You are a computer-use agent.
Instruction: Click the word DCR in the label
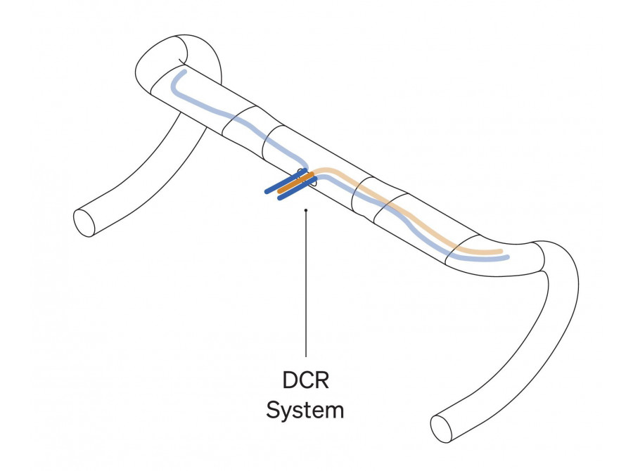[x=306, y=380]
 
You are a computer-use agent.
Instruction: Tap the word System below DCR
[x=305, y=410]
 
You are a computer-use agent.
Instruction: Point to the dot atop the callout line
[x=306, y=210]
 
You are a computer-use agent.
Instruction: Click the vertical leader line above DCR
[x=306, y=283]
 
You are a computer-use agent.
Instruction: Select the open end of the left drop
[x=84, y=223]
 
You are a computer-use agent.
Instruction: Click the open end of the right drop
[x=441, y=429]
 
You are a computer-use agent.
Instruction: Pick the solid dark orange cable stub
[x=295, y=183]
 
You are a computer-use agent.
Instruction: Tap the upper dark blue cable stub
[x=286, y=181]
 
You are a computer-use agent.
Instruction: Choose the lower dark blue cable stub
[x=297, y=188]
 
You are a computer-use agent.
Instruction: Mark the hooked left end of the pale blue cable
[x=174, y=83]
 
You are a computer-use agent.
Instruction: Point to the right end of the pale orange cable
[x=501, y=252]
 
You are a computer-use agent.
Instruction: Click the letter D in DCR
[x=290, y=380]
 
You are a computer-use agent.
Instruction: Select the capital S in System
[x=274, y=410]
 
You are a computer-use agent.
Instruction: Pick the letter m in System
[x=334, y=412]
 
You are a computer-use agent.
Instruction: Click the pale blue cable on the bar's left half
[x=238, y=120]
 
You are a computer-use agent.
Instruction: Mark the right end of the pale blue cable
[x=507, y=257]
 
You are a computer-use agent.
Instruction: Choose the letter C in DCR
[x=307, y=380]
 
